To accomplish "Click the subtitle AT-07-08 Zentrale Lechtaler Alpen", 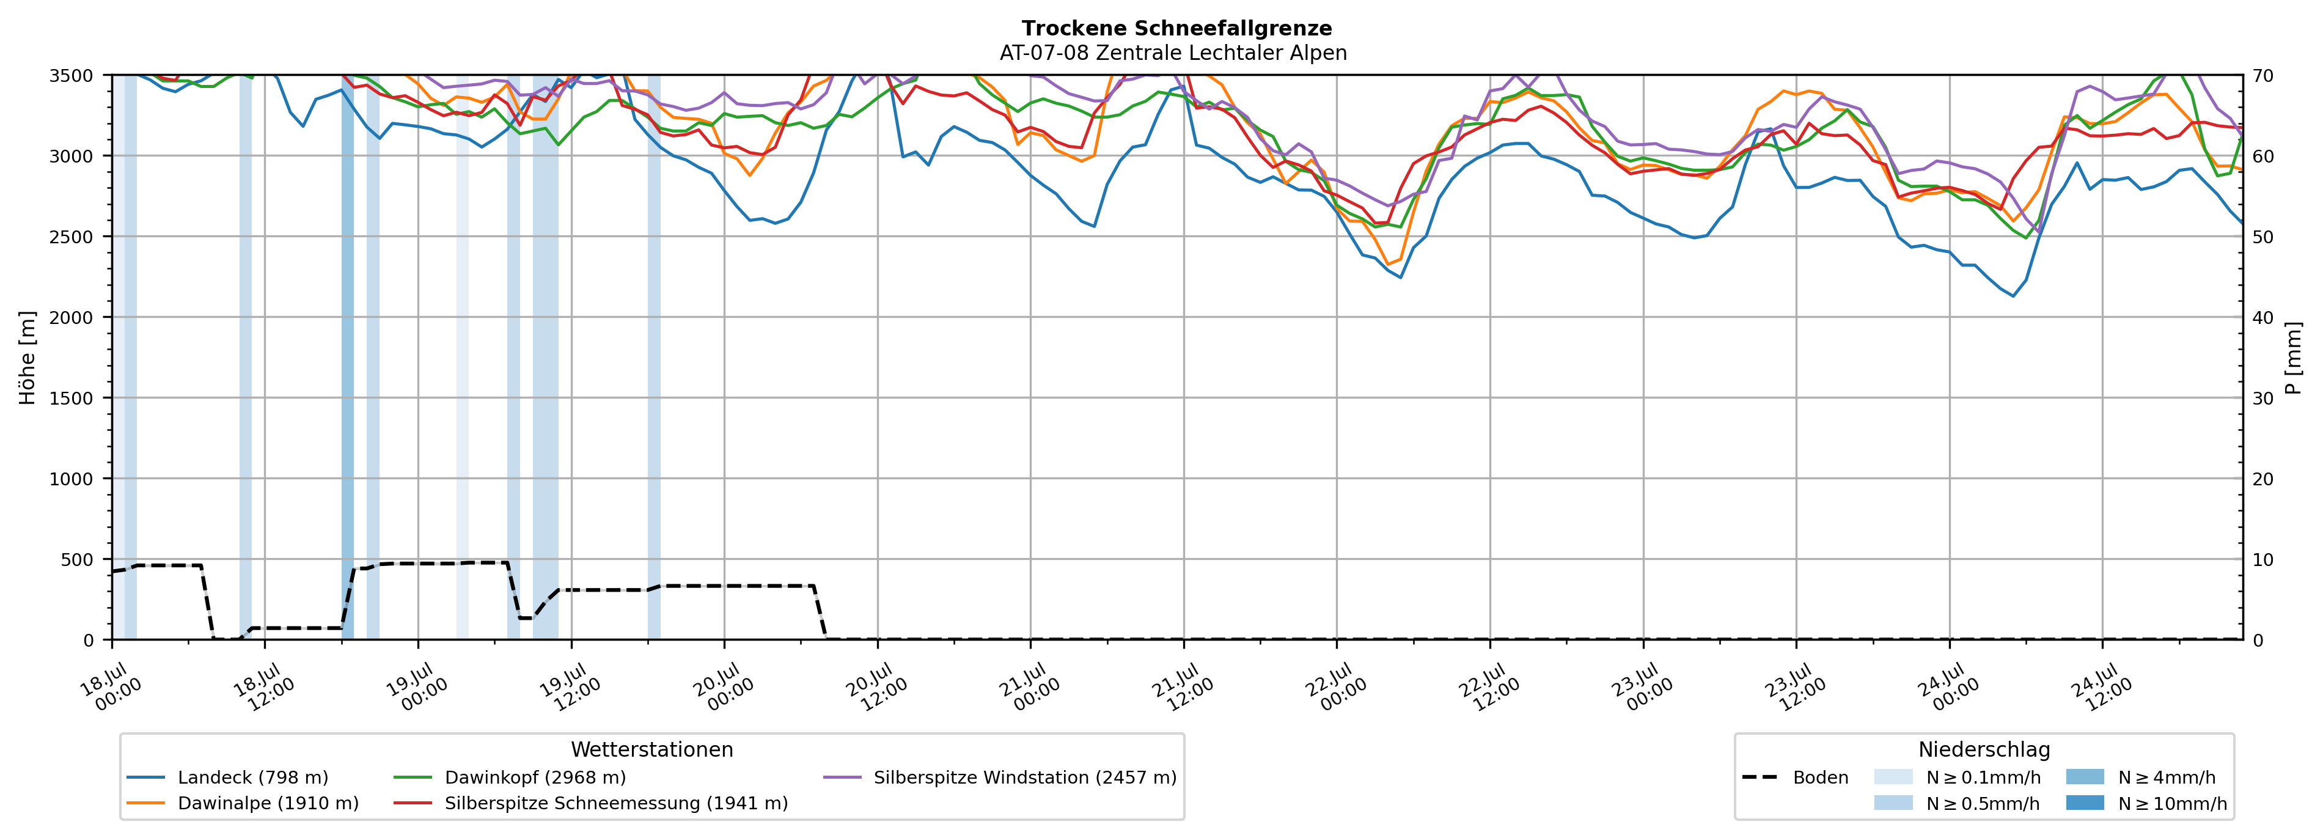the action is click(x=1173, y=53).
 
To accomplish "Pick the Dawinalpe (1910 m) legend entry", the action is click(x=243, y=803).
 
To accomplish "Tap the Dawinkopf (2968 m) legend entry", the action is click(x=510, y=777).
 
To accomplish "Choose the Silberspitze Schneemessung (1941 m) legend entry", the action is click(x=590, y=803).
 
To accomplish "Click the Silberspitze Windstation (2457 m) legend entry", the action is click(x=1000, y=777).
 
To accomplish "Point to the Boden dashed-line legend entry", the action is click(x=1794, y=777).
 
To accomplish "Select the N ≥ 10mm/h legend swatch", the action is click(x=2085, y=803).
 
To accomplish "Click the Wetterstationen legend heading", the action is click(x=652, y=749).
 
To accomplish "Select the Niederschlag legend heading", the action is click(x=1984, y=749).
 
